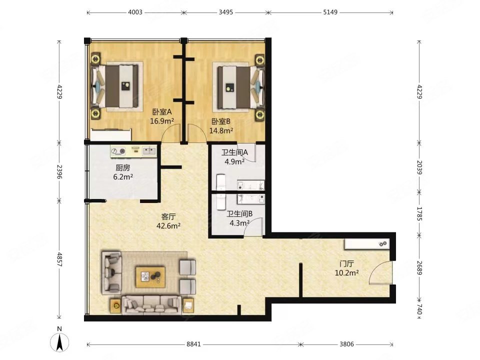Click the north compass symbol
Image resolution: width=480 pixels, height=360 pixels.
[x=59, y=340]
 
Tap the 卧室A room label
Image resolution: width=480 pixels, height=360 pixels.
[x=162, y=112]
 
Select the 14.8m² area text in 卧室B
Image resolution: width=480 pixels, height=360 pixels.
[x=221, y=131]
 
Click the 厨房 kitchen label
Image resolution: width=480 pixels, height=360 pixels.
[x=123, y=168]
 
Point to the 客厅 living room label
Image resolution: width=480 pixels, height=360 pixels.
[x=168, y=216]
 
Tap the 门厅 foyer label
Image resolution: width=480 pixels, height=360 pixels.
[x=346, y=263]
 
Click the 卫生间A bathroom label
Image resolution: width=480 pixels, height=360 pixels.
[x=234, y=152]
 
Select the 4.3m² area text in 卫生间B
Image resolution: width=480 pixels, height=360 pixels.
[x=239, y=223]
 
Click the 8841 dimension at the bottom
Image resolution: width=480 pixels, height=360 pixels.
[x=193, y=344]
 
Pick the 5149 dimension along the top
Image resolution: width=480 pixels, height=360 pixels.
[x=330, y=12]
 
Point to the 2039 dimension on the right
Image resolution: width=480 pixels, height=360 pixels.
[x=419, y=167]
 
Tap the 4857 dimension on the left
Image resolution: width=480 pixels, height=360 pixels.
[x=59, y=259]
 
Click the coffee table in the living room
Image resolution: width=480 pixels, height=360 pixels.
[x=150, y=277]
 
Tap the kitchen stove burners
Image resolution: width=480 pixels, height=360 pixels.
[x=118, y=151]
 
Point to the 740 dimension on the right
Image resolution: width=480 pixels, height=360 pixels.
[x=419, y=309]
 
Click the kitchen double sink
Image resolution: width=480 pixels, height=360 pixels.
[x=149, y=150]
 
